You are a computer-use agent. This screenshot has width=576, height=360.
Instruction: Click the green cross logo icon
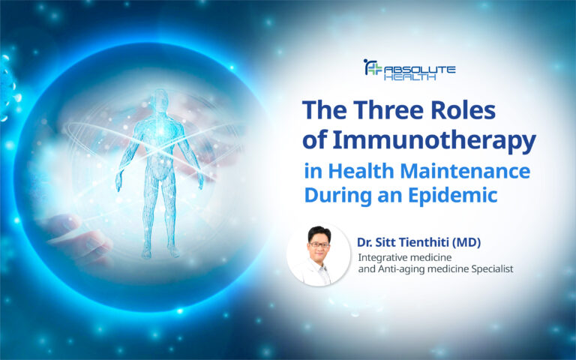tap(373, 68)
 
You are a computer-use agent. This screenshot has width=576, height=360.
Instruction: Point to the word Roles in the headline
tap(464, 111)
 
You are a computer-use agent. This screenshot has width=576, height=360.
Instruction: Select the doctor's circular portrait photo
tap(318, 255)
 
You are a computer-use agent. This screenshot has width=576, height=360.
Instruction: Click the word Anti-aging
tap(409, 269)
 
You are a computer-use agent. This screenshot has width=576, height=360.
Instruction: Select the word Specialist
tap(488, 269)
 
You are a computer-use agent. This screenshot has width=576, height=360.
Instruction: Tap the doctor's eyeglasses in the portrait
tap(318, 244)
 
